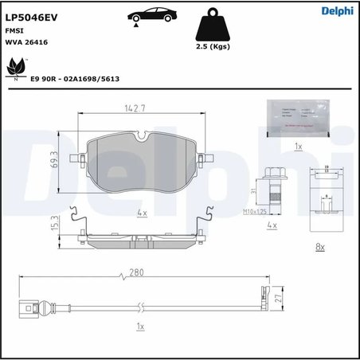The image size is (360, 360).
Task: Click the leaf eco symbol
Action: coord(14,70)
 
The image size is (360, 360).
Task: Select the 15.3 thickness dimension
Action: coord(53,224)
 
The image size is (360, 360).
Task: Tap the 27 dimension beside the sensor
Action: coord(276,298)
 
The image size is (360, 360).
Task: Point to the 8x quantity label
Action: coord(319,247)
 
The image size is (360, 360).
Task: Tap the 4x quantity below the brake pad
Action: coord(142,213)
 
